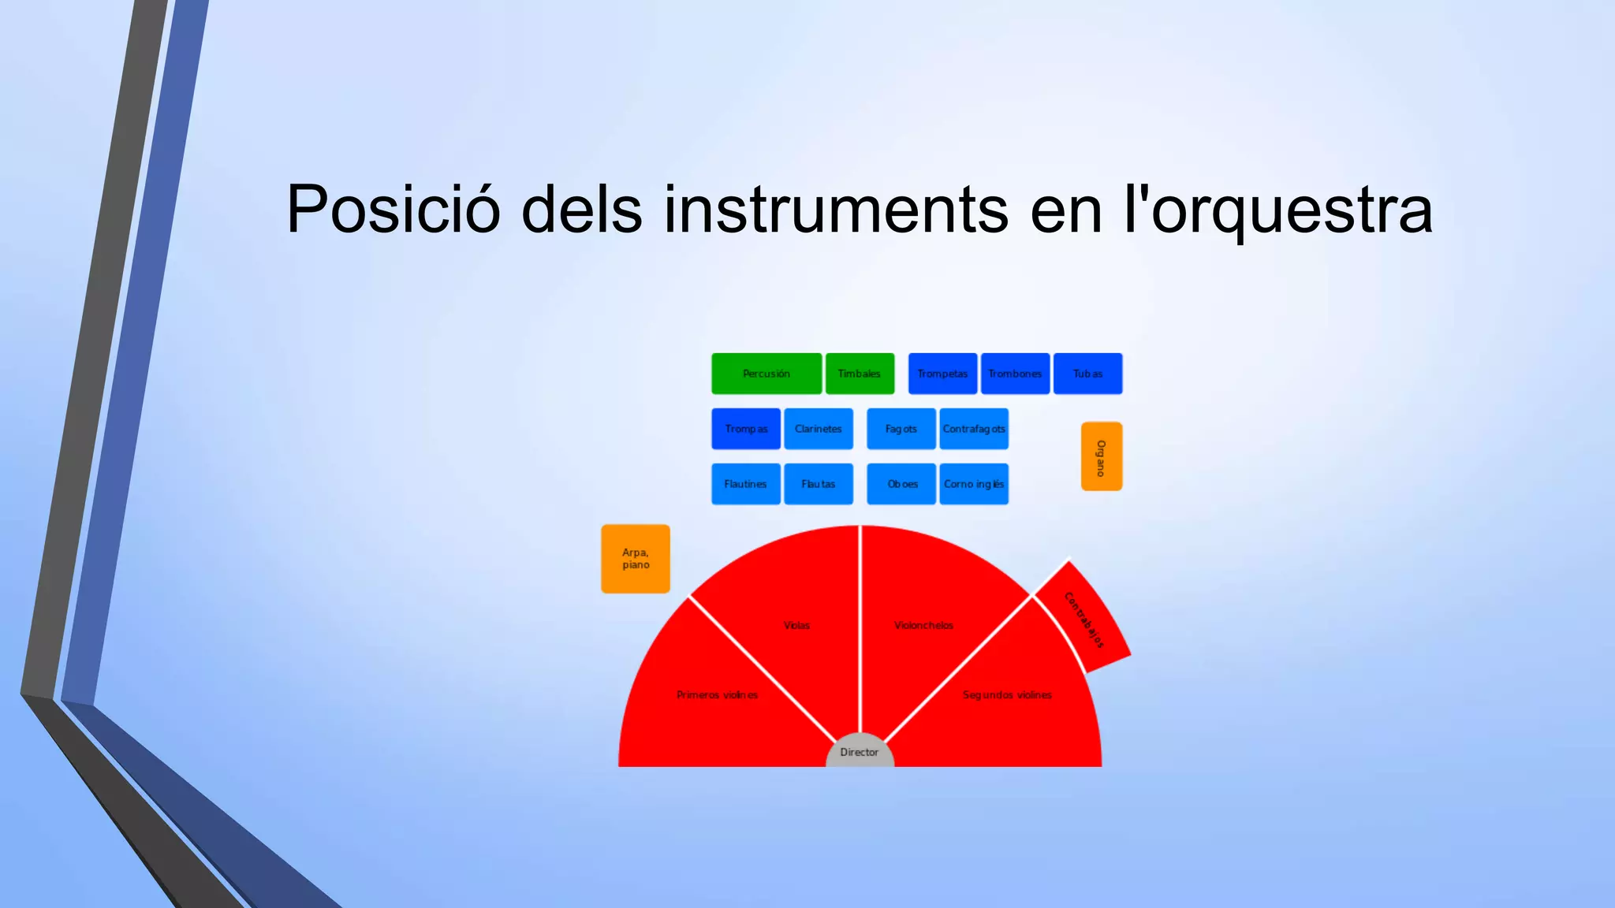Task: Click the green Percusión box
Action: (x=766, y=374)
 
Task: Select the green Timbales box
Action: (x=860, y=374)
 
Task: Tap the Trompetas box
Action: (x=942, y=374)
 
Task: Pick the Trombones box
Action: (x=1015, y=374)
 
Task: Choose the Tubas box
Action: (x=1087, y=374)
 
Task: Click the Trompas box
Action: (x=746, y=429)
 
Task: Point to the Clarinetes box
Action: (x=819, y=429)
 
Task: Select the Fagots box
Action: (x=901, y=429)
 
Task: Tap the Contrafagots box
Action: (x=974, y=429)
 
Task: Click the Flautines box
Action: (x=746, y=484)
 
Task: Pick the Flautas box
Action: (x=819, y=484)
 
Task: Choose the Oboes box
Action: (x=901, y=484)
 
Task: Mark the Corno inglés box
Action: (x=974, y=484)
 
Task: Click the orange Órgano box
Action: (x=1101, y=456)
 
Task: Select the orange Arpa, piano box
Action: (x=636, y=559)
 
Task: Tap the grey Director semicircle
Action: (x=860, y=754)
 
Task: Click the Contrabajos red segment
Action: (x=1084, y=620)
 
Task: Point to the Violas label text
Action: (x=796, y=625)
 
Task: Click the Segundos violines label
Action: (x=1007, y=694)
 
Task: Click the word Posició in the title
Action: (x=393, y=210)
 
